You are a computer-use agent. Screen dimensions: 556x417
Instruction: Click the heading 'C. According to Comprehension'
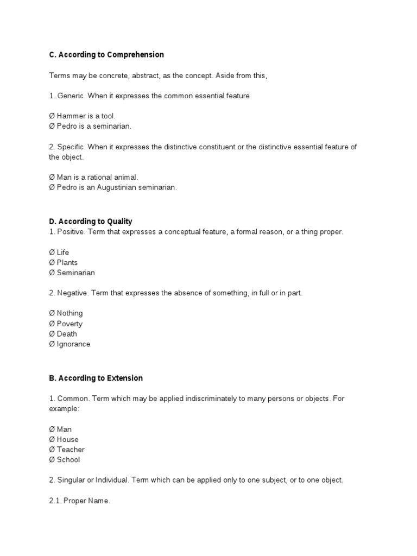pyautogui.click(x=106, y=55)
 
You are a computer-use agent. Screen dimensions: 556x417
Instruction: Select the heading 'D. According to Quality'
pyautogui.click(x=91, y=222)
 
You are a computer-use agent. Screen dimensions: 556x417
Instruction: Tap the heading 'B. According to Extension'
pyautogui.click(x=96, y=378)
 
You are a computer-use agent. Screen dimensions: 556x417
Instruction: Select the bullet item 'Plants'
pyautogui.click(x=67, y=263)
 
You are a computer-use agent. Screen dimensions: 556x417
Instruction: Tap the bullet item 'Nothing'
pyautogui.click(x=69, y=313)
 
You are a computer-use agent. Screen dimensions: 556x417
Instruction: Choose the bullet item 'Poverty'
pyautogui.click(x=69, y=324)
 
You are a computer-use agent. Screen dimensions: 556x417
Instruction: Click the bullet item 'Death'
pyautogui.click(x=67, y=334)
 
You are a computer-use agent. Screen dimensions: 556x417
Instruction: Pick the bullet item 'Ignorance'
pyautogui.click(x=73, y=344)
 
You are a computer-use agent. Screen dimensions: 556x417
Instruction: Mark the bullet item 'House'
pyautogui.click(x=67, y=439)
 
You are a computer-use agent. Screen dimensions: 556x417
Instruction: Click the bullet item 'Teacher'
pyautogui.click(x=71, y=450)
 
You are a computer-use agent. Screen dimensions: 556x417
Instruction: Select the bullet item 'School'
pyautogui.click(x=68, y=460)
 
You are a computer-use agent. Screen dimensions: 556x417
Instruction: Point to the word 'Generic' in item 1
pyautogui.click(x=71, y=96)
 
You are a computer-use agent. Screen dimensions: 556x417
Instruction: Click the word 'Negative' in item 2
pyautogui.click(x=73, y=293)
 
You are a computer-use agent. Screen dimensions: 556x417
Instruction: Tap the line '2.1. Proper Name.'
pyautogui.click(x=80, y=501)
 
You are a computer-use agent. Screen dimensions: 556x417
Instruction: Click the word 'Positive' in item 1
pyautogui.click(x=71, y=232)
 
